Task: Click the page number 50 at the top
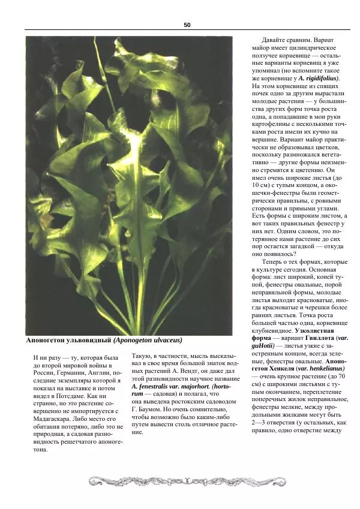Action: point(187,25)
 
